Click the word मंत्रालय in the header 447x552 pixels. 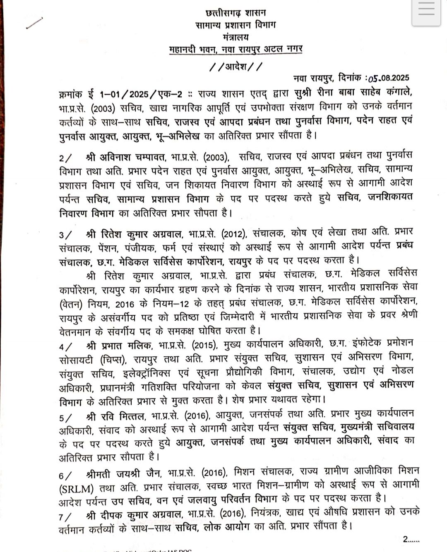(x=236, y=37)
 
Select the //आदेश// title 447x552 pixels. (x=236, y=66)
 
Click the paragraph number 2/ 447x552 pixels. (x=65, y=158)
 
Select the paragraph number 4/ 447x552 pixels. (x=65, y=346)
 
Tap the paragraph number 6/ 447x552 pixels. (x=65, y=475)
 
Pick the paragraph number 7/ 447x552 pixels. (x=65, y=517)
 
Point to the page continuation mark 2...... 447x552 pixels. (x=411, y=539)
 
